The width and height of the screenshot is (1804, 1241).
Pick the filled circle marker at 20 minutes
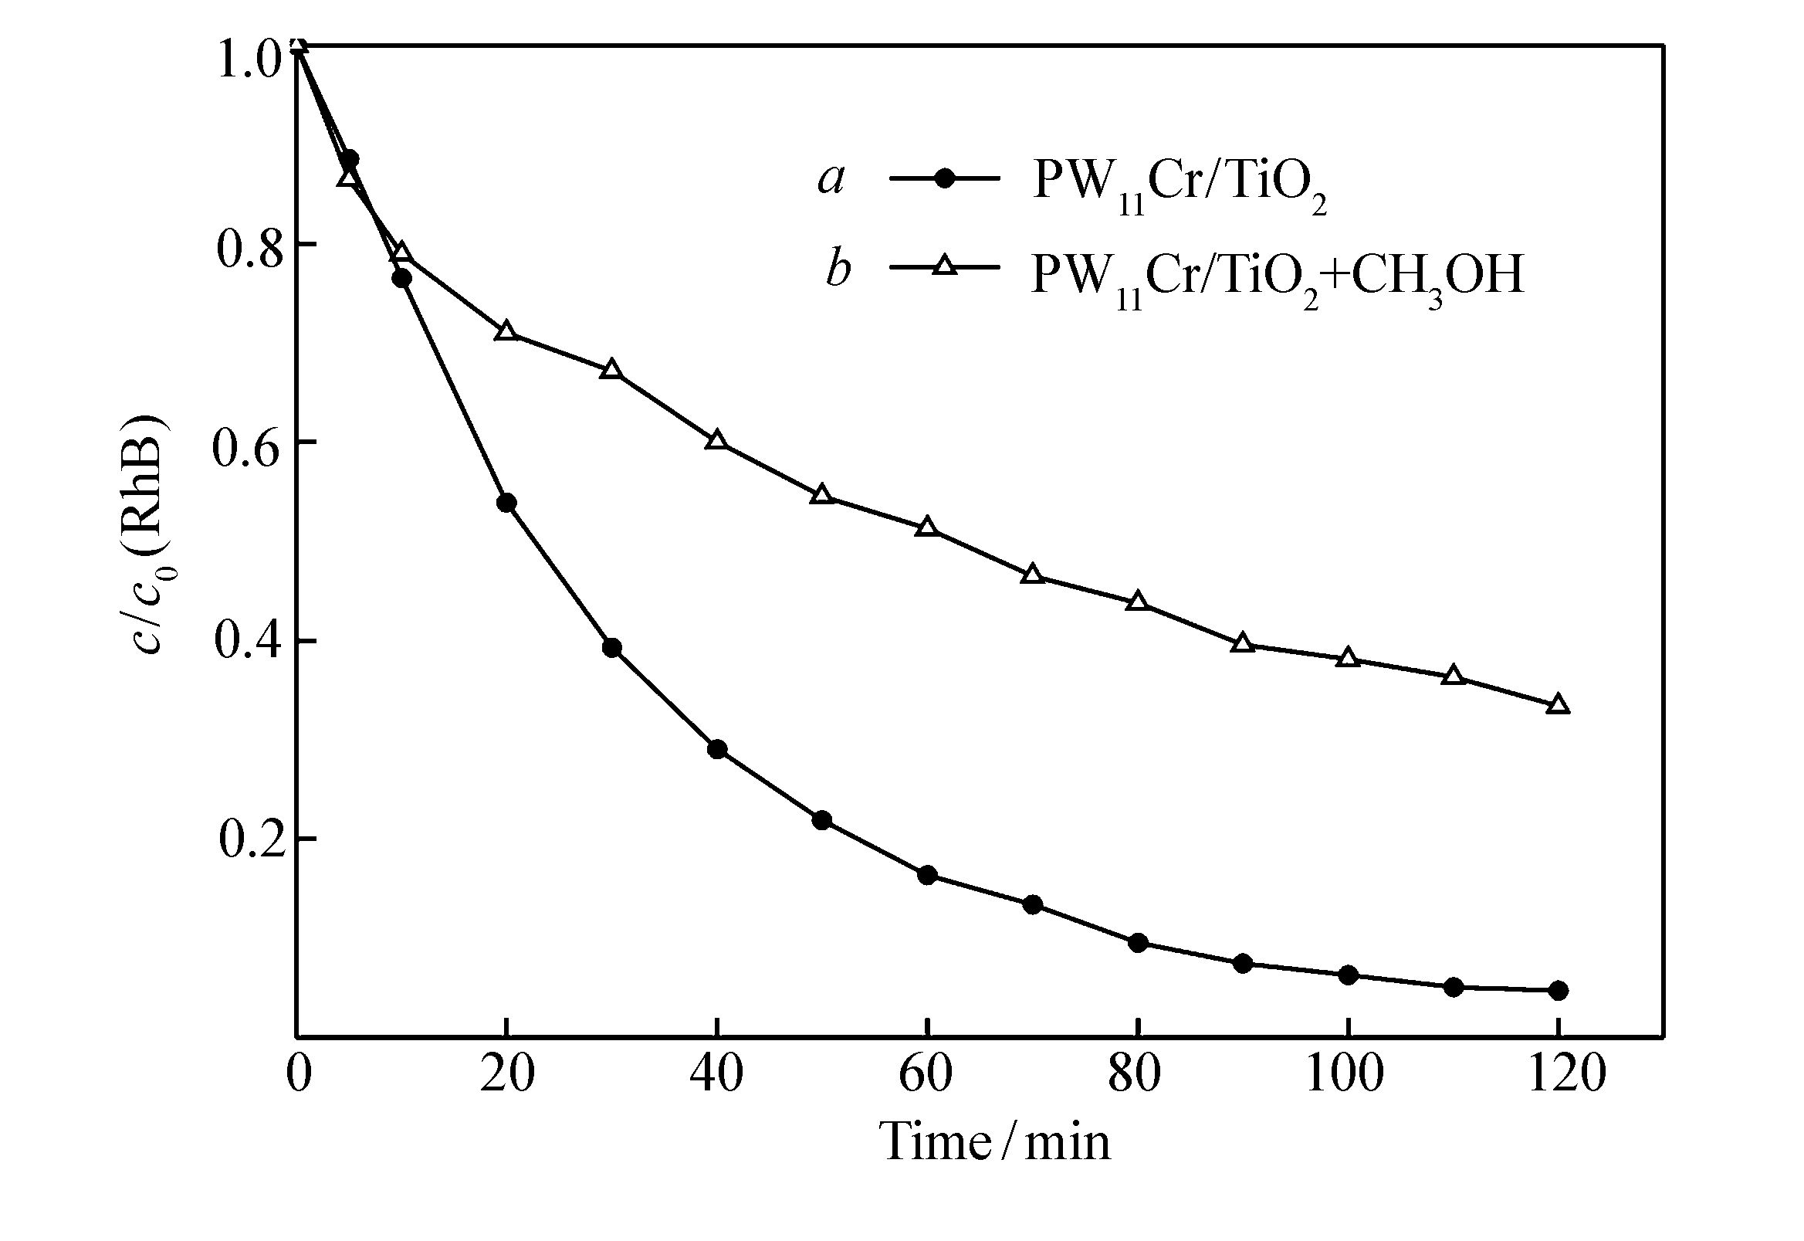pyautogui.click(x=506, y=503)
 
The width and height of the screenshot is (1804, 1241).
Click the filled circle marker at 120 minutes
pyautogui.click(x=1558, y=990)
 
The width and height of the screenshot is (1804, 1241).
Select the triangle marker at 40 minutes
pyautogui.click(x=716, y=441)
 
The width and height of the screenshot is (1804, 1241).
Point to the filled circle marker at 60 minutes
pyautogui.click(x=927, y=876)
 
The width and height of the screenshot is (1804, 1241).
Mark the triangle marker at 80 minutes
pyautogui.click(x=1138, y=602)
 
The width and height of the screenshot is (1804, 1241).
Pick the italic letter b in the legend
pyautogui.click(x=837, y=269)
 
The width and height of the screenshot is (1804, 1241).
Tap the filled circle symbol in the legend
pyautogui.click(x=943, y=179)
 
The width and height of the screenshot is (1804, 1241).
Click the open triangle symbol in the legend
pyautogui.click(x=943, y=267)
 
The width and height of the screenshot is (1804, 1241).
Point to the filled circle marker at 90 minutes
pyautogui.click(x=1243, y=965)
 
